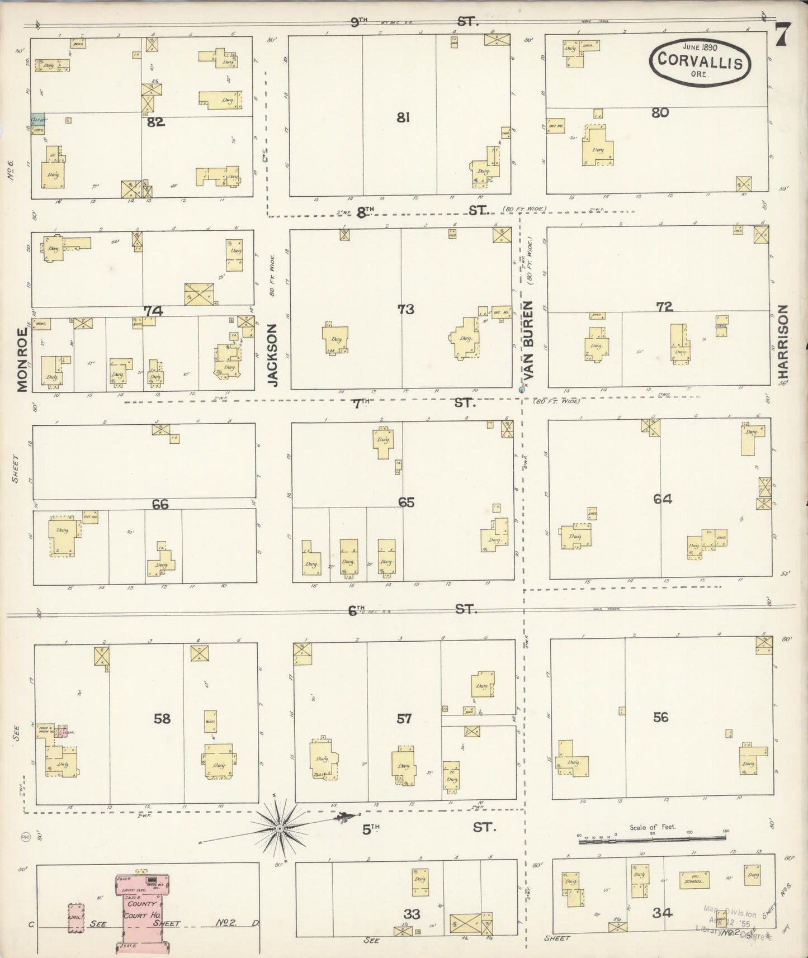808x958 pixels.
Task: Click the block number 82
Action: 155,122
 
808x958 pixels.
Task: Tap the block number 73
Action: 406,309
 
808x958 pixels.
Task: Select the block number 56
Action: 660,717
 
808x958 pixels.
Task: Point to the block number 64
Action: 662,499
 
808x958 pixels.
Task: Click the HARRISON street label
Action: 783,345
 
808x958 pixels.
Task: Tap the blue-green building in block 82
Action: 37,124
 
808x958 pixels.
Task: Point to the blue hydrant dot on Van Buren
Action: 521,389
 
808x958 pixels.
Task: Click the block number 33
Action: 412,913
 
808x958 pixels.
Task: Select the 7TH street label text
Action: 361,402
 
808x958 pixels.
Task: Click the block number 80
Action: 660,112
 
